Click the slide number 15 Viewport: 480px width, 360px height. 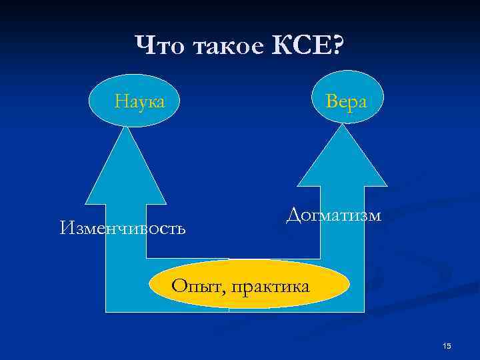coord(447,345)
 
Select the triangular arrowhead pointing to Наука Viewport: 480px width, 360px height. coord(126,167)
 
